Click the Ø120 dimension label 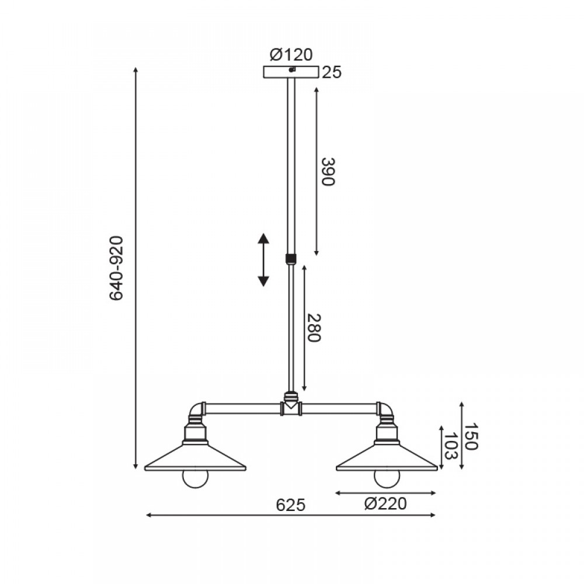tap(291, 55)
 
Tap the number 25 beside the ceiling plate tap(332, 72)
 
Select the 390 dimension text tap(328, 172)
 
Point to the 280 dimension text tap(314, 328)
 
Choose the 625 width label tap(291, 505)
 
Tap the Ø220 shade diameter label tap(385, 504)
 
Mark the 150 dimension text tap(470, 436)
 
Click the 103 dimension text tap(450, 446)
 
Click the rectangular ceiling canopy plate tap(291, 72)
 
